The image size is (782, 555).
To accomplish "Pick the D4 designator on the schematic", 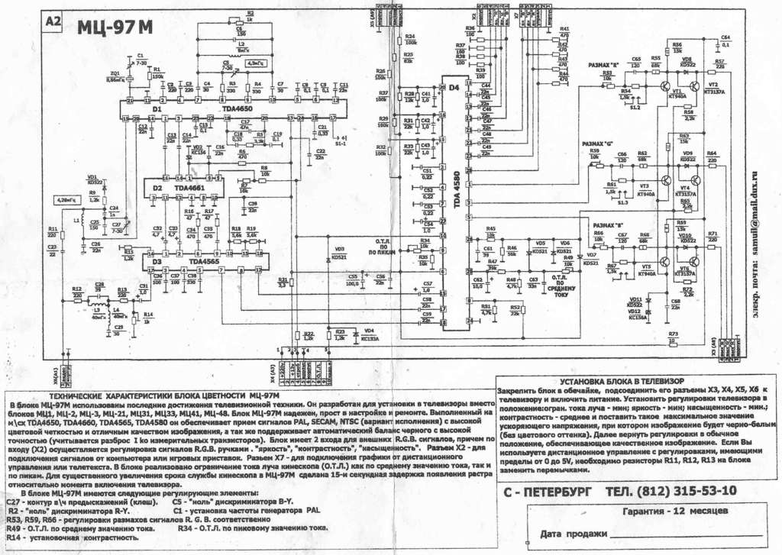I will point(454,88).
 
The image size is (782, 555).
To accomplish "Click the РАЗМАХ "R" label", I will point(603,65).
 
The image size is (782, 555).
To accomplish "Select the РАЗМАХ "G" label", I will point(597,143).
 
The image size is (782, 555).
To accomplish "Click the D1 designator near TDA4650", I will point(157,110).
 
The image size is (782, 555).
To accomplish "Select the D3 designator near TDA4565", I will point(157,261).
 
